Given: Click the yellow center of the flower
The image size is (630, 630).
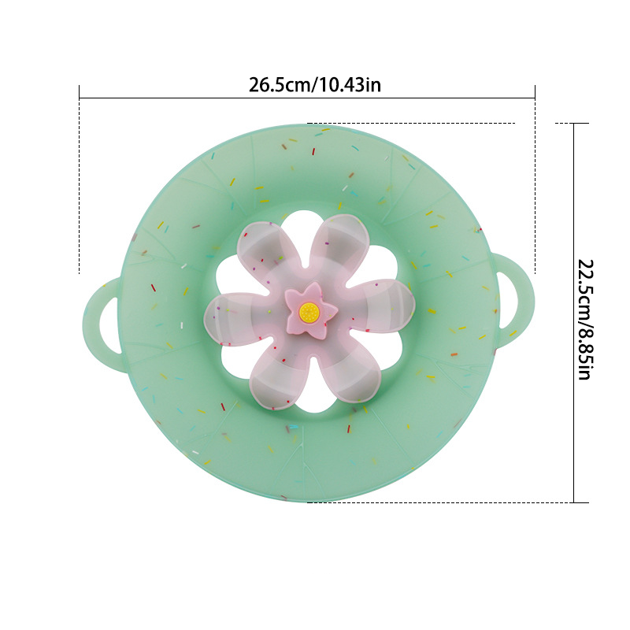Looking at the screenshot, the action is pyautogui.click(x=309, y=312).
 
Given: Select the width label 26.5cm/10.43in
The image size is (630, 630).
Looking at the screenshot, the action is pyautogui.click(x=314, y=85).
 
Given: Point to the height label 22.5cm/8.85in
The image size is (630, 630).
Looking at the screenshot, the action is pyautogui.click(x=585, y=320).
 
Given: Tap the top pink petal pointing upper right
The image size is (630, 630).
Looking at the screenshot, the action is pyautogui.click(x=339, y=245).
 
